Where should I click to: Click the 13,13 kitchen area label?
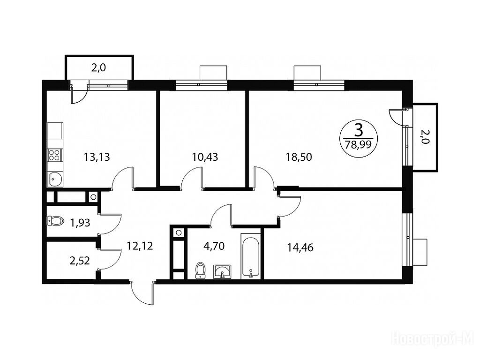pos(97,157)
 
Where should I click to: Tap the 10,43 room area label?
pos(205,157)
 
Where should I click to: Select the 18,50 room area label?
pos(299,157)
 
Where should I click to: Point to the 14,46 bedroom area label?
pos(300,247)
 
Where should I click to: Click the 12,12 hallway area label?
pos(140,246)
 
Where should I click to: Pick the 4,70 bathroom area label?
pos(214,246)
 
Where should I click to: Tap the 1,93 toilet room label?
pos(80,223)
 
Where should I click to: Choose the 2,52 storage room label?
pos(80,261)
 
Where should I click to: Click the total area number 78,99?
pos(358,144)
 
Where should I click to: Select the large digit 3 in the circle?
pos(359,130)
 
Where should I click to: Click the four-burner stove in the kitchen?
pos(55,155)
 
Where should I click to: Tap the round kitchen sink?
pos(55,180)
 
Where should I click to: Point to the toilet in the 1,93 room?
pos(55,221)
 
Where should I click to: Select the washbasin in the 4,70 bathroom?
pos(223,271)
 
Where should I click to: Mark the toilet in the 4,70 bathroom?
pos(200,270)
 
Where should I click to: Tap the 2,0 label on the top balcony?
pos(98,67)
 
